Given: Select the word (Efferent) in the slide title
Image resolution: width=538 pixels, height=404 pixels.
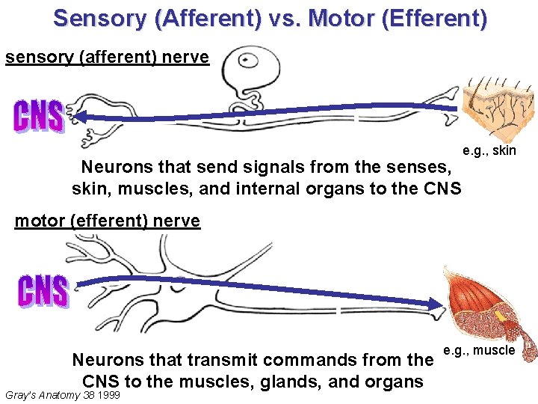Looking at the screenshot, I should pyautogui.click(x=433, y=18).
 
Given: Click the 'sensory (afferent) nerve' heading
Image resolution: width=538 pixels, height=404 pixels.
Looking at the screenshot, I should pyautogui.click(x=107, y=58).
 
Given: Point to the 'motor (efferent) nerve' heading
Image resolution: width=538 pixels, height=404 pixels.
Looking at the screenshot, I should pyautogui.click(x=108, y=221).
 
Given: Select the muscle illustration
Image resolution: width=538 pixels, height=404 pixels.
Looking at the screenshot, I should pyautogui.click(x=486, y=307).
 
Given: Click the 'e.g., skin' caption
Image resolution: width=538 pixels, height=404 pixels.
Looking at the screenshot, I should pyautogui.click(x=489, y=151).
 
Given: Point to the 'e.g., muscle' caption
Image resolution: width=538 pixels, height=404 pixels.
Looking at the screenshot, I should pyautogui.click(x=479, y=350).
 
